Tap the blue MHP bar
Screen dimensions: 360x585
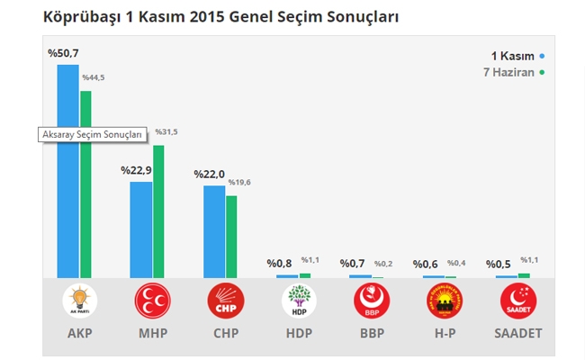click(x=140, y=229)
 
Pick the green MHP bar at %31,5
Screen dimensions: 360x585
click(x=158, y=211)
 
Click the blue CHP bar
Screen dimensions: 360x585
click(x=214, y=231)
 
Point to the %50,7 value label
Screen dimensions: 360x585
click(x=63, y=53)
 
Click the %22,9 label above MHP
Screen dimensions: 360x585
click(x=136, y=169)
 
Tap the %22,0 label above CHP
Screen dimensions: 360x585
click(x=209, y=174)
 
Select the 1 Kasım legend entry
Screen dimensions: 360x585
click(x=517, y=56)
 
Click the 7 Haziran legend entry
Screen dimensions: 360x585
click(x=512, y=72)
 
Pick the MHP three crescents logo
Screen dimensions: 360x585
click(x=152, y=301)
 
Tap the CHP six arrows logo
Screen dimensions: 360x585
click(x=225, y=301)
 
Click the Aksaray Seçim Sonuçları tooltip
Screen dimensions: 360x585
click(x=92, y=134)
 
